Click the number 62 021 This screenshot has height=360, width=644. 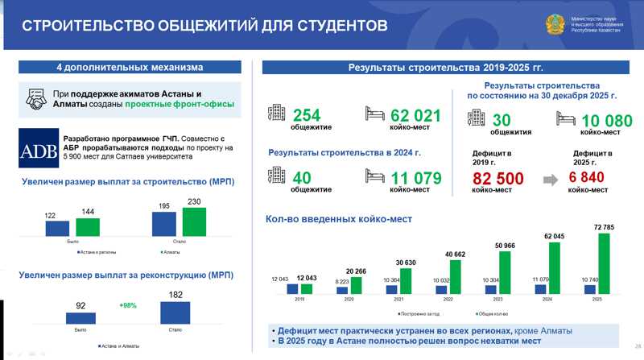pos(415,115)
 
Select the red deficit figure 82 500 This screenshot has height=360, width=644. pos(497,178)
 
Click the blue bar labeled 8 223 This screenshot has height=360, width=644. pos(342,288)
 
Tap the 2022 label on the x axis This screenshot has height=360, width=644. pos(448,298)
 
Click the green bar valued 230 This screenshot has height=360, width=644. pos(194,222)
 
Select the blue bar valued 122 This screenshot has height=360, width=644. pos(57,228)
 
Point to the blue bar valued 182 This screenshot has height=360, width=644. pos(175,312)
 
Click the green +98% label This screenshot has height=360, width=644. pos(128,306)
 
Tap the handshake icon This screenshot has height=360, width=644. pos(35,99)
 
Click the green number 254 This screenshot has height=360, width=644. pos(306,115)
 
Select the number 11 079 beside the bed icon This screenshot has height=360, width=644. pos(415,177)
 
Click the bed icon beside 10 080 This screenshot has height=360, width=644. pos(567,120)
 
